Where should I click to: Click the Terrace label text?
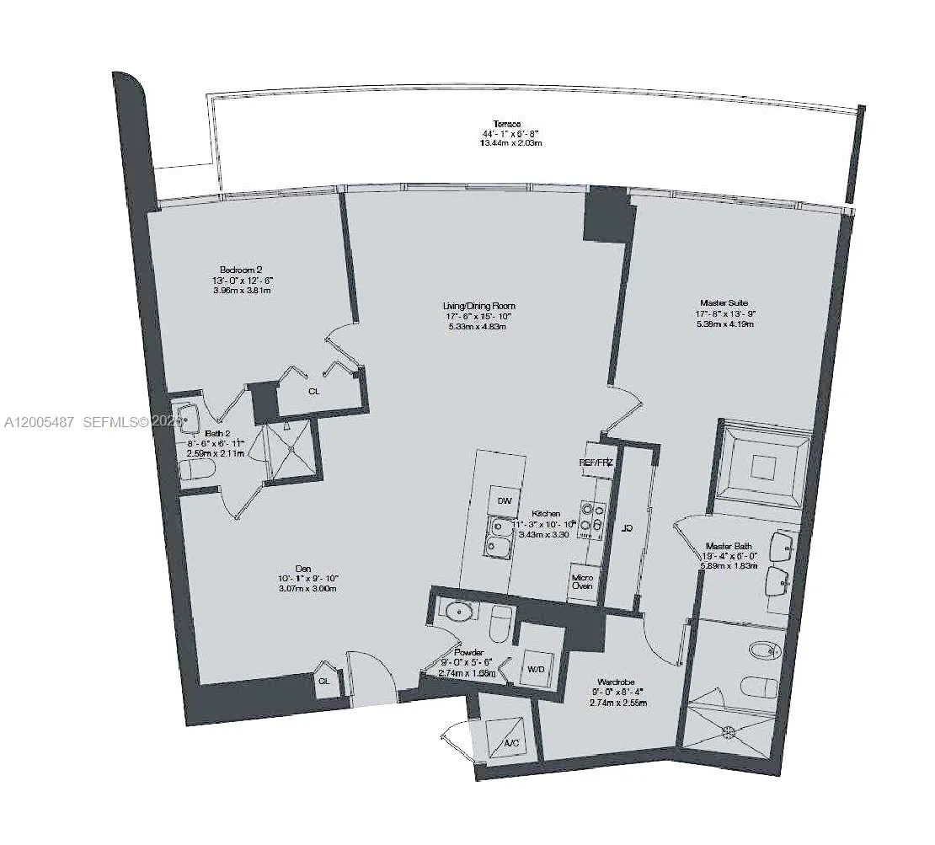coord(507,124)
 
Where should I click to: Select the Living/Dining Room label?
coord(479,306)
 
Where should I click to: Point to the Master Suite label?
coord(724,302)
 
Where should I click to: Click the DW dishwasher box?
coord(505,501)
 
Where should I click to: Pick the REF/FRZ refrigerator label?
coord(596,463)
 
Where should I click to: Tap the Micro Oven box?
coord(582,580)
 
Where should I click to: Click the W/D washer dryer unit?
coord(537,669)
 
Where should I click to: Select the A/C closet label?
coord(510,744)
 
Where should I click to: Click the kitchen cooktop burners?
coord(590,518)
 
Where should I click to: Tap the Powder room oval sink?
coord(459,611)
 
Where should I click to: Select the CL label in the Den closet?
coord(324,682)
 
